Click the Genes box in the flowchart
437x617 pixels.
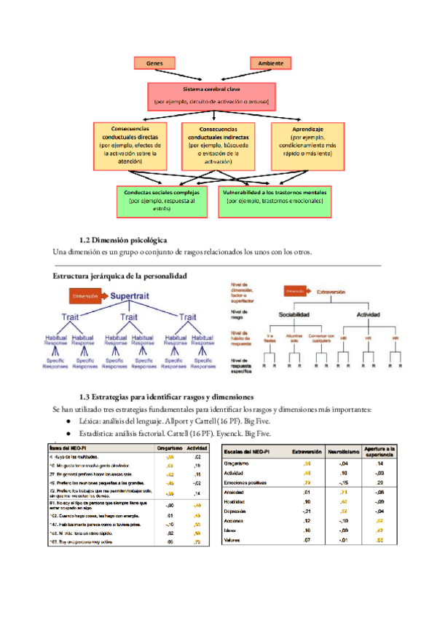(154, 64)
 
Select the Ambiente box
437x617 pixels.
(270, 64)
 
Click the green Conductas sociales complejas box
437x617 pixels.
(162, 200)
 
